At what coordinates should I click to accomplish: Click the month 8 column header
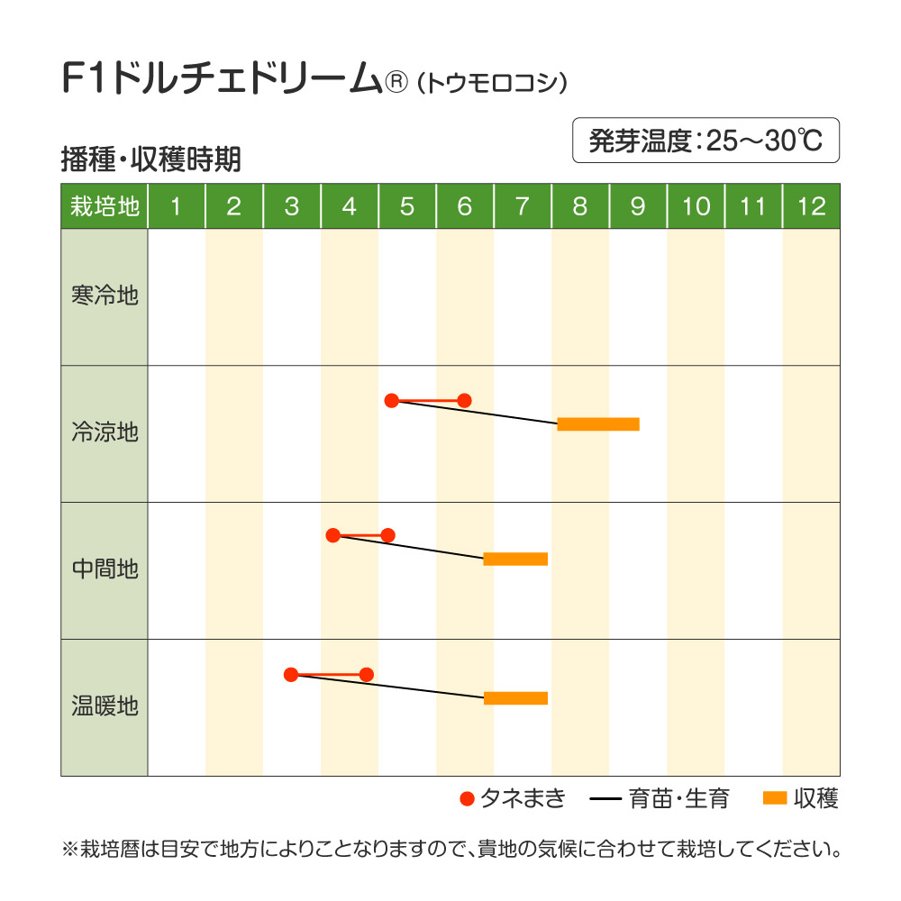point(580,207)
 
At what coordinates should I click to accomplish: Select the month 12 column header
point(811,207)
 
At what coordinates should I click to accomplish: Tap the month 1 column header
point(177,207)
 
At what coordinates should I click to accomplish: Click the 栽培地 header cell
point(105,207)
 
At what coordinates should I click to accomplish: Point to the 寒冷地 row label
point(105,296)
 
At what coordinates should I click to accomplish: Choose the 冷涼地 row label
point(105,433)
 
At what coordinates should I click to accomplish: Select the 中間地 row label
point(105,570)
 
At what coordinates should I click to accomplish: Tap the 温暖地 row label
point(105,707)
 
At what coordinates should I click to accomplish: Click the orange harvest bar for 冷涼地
point(598,424)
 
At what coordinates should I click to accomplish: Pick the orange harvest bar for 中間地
point(515,559)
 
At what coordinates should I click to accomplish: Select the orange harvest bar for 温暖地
point(515,698)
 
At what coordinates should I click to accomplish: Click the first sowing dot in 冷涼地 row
point(391,400)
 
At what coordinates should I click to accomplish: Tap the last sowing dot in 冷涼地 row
point(464,400)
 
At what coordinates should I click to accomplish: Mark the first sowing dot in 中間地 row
point(332,535)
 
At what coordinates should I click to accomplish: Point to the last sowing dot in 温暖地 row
point(367,674)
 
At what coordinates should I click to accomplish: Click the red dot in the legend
point(467,798)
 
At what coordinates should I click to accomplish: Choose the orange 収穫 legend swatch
point(775,798)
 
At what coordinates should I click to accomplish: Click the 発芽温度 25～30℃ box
point(705,141)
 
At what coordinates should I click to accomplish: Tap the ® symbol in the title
point(397,82)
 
